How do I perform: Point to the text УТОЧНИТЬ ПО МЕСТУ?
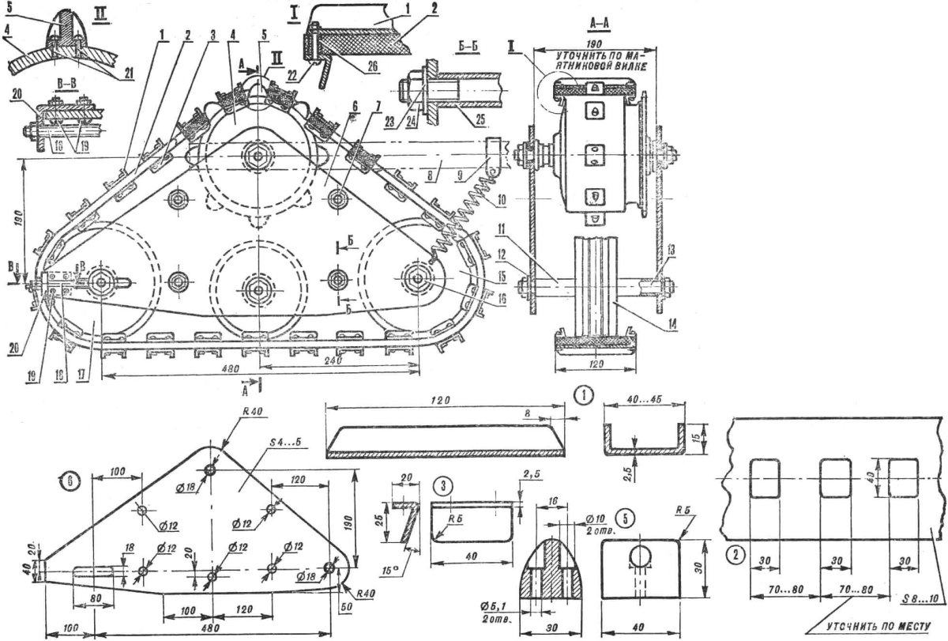(879, 630)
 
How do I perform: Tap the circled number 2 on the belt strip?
(735, 550)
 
